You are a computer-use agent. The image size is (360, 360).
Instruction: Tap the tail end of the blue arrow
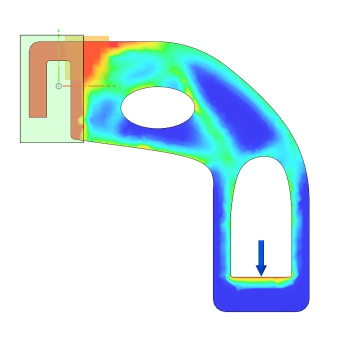click(x=261, y=242)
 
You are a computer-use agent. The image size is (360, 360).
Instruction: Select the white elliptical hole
click(x=158, y=107)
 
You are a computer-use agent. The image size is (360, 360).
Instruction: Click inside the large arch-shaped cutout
click(x=261, y=210)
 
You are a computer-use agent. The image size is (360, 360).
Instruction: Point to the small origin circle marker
click(x=58, y=86)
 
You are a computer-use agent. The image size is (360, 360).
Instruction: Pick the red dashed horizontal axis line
click(x=90, y=86)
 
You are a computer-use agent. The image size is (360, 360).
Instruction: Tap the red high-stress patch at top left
click(x=92, y=60)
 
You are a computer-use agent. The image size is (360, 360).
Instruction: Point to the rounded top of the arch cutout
click(x=261, y=159)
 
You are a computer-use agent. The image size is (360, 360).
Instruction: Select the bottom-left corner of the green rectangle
click(x=20, y=142)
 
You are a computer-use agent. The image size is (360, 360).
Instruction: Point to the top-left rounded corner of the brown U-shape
click(x=33, y=45)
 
